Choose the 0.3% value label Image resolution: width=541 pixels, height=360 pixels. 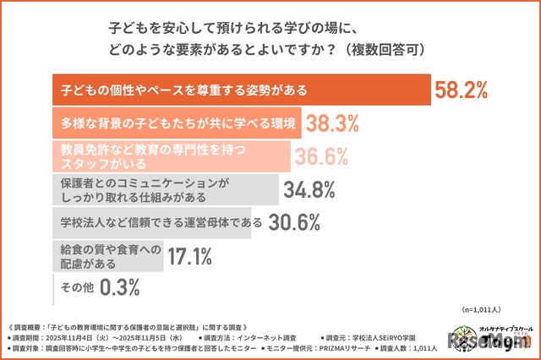tap(119, 287)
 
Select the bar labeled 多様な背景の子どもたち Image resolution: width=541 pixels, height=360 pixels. tap(177, 124)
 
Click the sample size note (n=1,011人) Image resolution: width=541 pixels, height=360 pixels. tap(484, 310)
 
